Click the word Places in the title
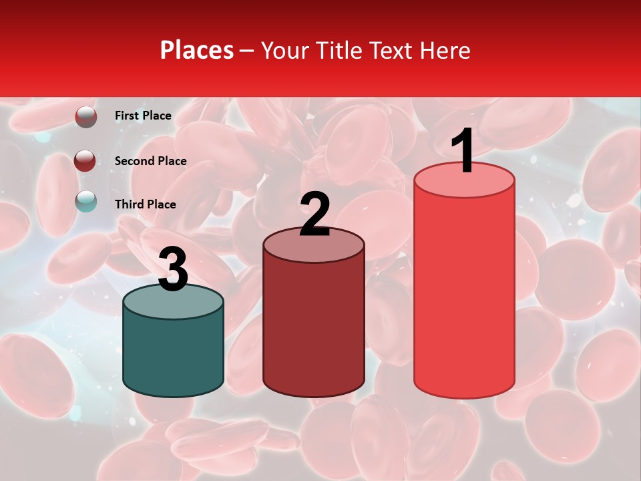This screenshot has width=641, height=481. point(197,50)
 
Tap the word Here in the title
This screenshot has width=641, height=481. point(445,50)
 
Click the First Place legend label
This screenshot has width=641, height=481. point(143,116)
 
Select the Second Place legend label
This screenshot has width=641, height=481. point(150,161)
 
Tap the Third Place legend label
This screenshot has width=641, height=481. point(145,204)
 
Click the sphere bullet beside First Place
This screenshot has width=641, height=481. point(86,117)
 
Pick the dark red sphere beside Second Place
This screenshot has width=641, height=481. point(85,161)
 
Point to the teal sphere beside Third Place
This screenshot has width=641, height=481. point(86,200)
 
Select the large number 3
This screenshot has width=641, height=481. point(173,269)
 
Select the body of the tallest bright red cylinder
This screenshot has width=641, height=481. point(464,294)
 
